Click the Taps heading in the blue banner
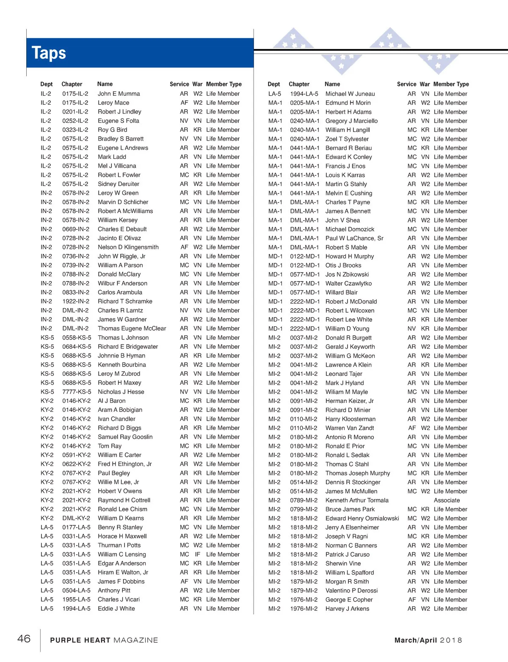point(49,53)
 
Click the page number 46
point(24,639)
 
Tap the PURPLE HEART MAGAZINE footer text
point(104,640)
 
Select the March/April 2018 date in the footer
point(428,640)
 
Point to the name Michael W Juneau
point(350,94)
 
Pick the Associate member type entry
point(447,500)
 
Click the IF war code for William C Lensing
point(197,554)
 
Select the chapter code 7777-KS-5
point(77,392)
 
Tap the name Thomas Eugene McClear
point(132,328)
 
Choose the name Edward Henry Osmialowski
point(362,519)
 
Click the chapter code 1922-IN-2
point(76,301)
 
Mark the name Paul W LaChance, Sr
point(354,238)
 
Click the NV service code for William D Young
point(411,329)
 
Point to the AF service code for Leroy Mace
point(184,103)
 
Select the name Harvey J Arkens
point(347,609)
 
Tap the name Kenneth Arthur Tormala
point(357,500)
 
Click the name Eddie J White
point(116,609)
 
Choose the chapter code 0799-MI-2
point(304,510)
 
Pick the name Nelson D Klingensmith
point(128,247)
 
